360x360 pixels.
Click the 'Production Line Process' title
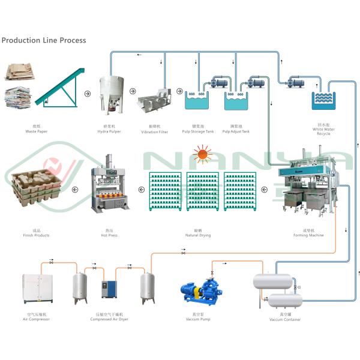coord(44,40)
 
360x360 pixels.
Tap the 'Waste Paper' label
coord(37,131)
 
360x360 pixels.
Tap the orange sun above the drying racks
coord(203,156)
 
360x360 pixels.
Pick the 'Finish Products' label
coord(37,235)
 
